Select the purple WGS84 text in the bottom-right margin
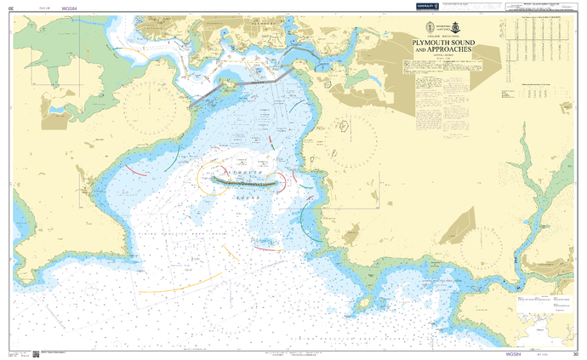pos(512,353)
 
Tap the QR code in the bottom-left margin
pos(36,353)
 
